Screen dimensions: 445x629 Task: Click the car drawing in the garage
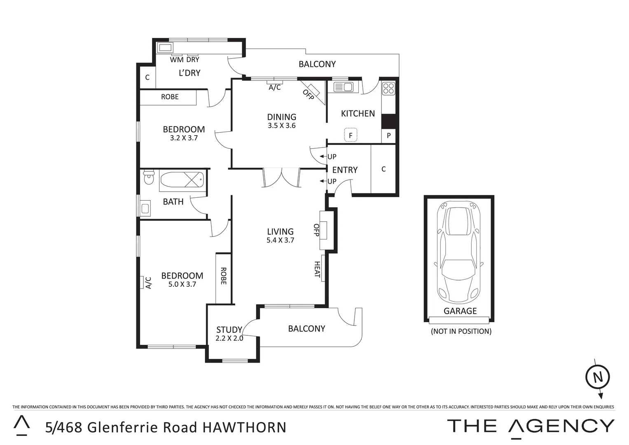tap(459, 252)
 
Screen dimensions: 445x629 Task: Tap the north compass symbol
tap(597, 377)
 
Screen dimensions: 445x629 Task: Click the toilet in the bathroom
tap(148, 179)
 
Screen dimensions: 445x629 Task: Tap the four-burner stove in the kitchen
tap(388, 88)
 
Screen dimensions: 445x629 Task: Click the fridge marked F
tap(351, 135)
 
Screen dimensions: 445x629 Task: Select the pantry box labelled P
tap(388, 136)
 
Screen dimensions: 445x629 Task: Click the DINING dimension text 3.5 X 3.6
tap(282, 126)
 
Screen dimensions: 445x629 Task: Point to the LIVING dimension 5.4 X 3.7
tap(280, 240)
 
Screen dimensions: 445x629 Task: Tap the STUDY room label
tap(229, 330)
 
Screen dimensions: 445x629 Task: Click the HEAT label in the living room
tap(318, 269)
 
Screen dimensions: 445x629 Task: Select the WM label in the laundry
tap(177, 60)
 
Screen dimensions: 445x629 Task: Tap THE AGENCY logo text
tap(531, 426)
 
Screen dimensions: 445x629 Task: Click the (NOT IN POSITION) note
tap(461, 331)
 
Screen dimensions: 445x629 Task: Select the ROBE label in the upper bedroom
tap(170, 97)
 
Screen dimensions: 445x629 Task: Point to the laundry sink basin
tap(165, 48)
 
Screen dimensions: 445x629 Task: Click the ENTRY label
tap(345, 170)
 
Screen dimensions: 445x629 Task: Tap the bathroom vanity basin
tap(145, 208)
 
